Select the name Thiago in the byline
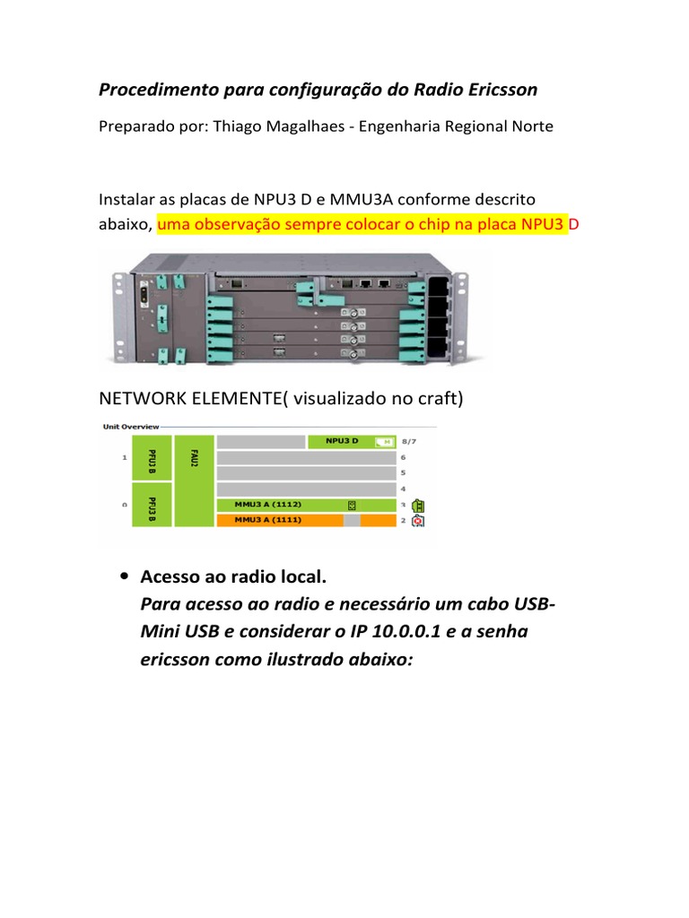point(237,126)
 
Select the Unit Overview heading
point(131,427)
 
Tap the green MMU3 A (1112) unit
point(306,505)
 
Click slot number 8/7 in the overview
point(410,441)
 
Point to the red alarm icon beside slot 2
point(418,521)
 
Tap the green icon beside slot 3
point(418,505)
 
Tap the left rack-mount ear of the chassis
point(117,309)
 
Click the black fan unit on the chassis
point(439,309)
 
